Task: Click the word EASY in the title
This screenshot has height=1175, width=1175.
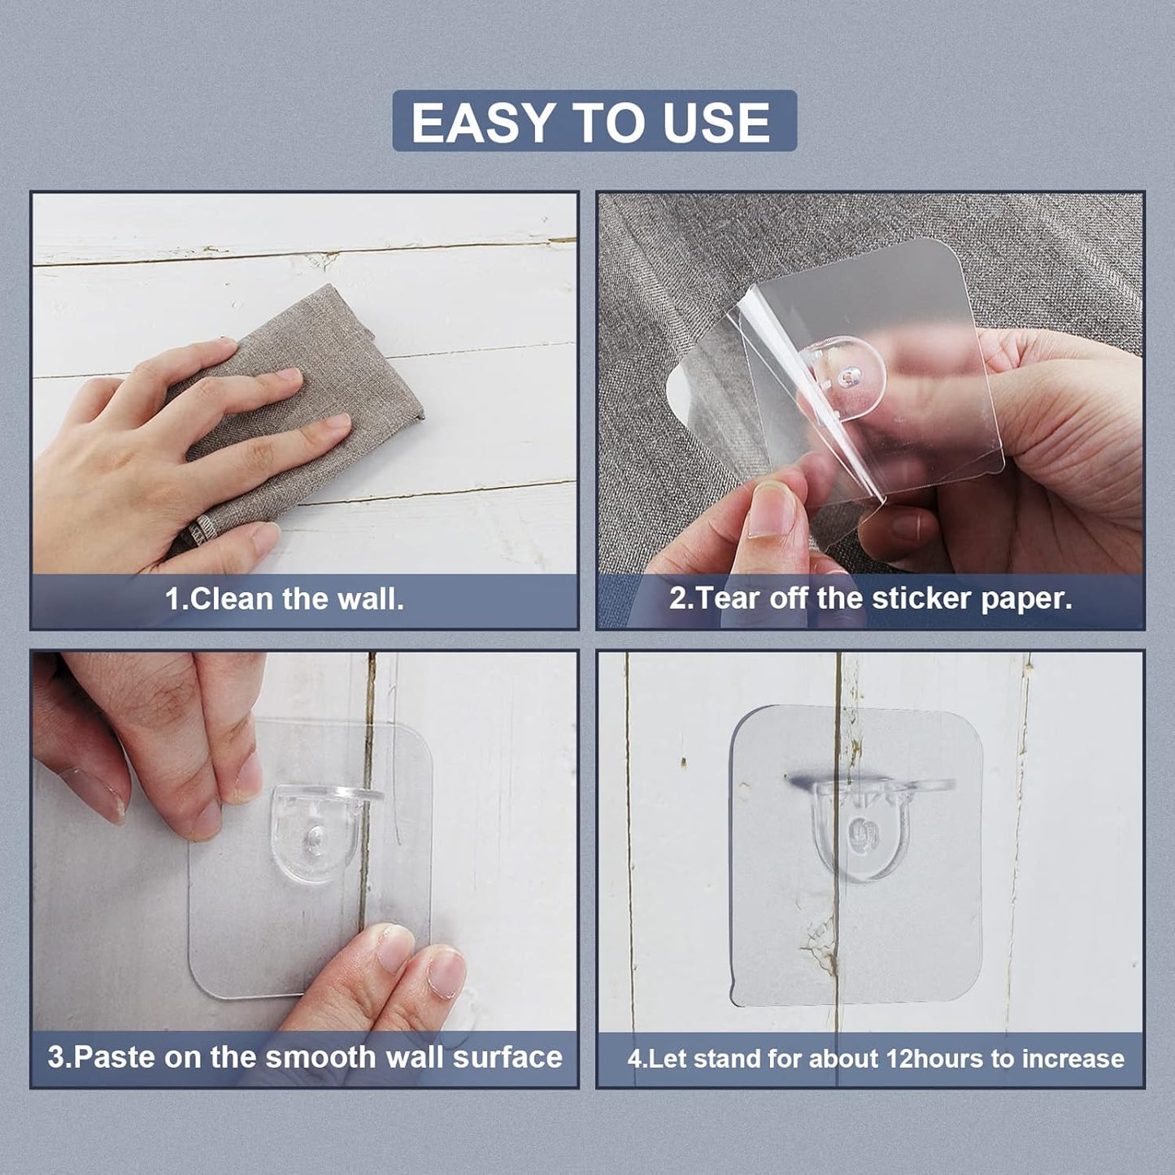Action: [x=481, y=122]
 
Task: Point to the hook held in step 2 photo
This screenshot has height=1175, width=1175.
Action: [x=842, y=377]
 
